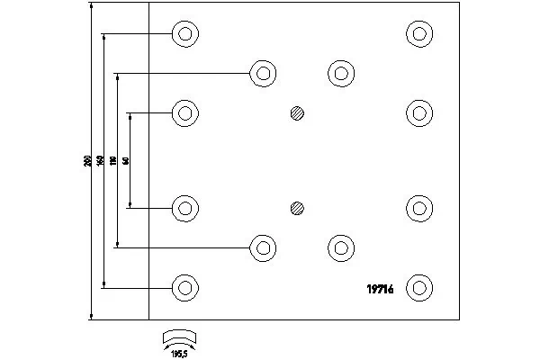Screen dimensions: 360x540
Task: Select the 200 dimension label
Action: [x=87, y=161]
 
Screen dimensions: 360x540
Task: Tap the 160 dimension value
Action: [x=100, y=161]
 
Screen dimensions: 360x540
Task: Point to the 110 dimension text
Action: [x=113, y=161]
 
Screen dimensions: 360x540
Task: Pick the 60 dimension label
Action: [x=126, y=161]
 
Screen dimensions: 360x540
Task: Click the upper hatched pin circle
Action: [x=298, y=114]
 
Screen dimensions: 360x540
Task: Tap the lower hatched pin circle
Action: [x=298, y=209]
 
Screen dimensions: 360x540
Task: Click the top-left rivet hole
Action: [x=185, y=34]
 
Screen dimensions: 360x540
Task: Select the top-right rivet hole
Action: [x=418, y=34]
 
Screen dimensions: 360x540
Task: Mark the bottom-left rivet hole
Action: [x=185, y=288]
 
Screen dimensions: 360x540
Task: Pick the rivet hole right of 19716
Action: [x=418, y=288]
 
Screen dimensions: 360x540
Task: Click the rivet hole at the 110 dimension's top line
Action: [x=263, y=73]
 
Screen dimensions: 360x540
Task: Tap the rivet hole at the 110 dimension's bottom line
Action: [x=263, y=247]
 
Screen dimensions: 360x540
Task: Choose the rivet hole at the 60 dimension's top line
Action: [x=185, y=113]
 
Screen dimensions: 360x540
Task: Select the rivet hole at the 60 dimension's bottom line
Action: [x=185, y=209]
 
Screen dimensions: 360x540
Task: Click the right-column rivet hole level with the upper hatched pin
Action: [x=418, y=113]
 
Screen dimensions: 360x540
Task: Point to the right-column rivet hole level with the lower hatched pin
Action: [x=418, y=209]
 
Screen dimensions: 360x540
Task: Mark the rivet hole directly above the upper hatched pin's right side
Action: [x=340, y=73]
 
